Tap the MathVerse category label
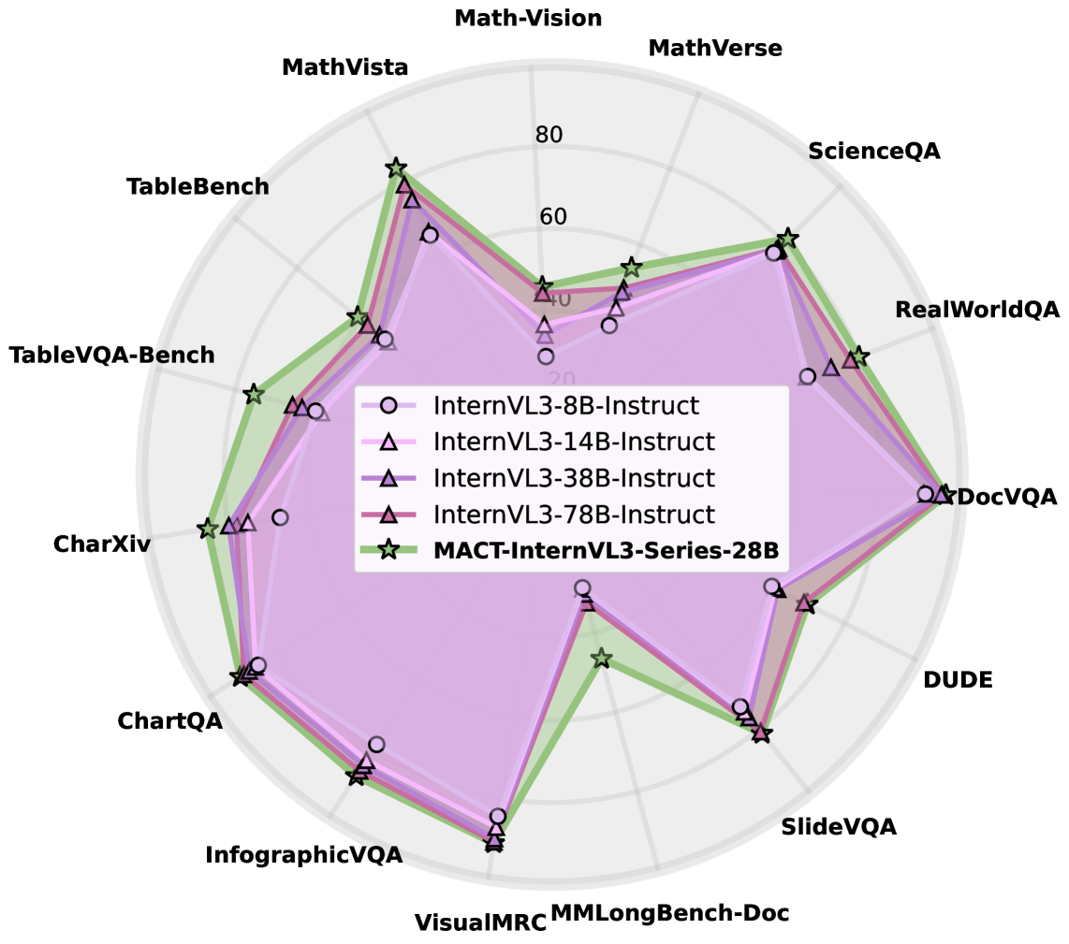pyautogui.click(x=714, y=48)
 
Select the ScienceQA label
pyautogui.click(x=873, y=151)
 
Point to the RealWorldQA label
pyautogui.click(x=976, y=310)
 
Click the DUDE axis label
pyautogui.click(x=957, y=680)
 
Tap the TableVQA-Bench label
pyautogui.click(x=111, y=356)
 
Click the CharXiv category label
pyautogui.click(x=101, y=544)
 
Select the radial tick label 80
pyautogui.click(x=549, y=135)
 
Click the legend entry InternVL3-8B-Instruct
pyautogui.click(x=566, y=406)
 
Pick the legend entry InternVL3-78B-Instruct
pyautogui.click(x=574, y=515)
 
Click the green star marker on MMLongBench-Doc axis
pyautogui.click(x=602, y=660)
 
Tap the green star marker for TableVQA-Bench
pyautogui.click(x=252, y=394)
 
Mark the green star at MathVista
pyautogui.click(x=396, y=168)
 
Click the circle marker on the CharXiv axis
pyautogui.click(x=279, y=517)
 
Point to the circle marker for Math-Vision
pyautogui.click(x=546, y=356)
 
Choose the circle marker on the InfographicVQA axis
pyautogui.click(x=376, y=745)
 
